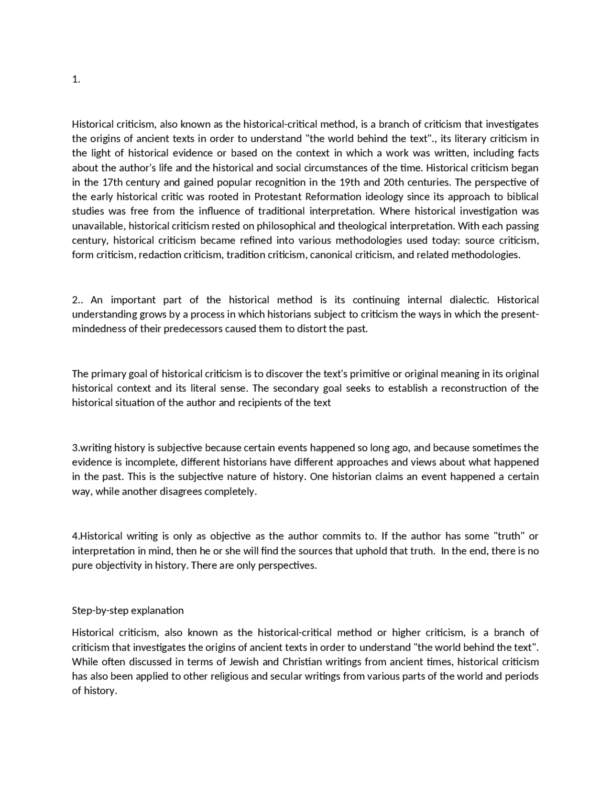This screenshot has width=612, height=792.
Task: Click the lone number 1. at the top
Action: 76,79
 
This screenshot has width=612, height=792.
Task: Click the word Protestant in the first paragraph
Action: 278,197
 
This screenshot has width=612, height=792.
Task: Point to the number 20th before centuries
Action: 394,182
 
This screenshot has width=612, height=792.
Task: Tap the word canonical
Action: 331,254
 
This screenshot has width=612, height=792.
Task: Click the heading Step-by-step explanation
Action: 128,610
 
